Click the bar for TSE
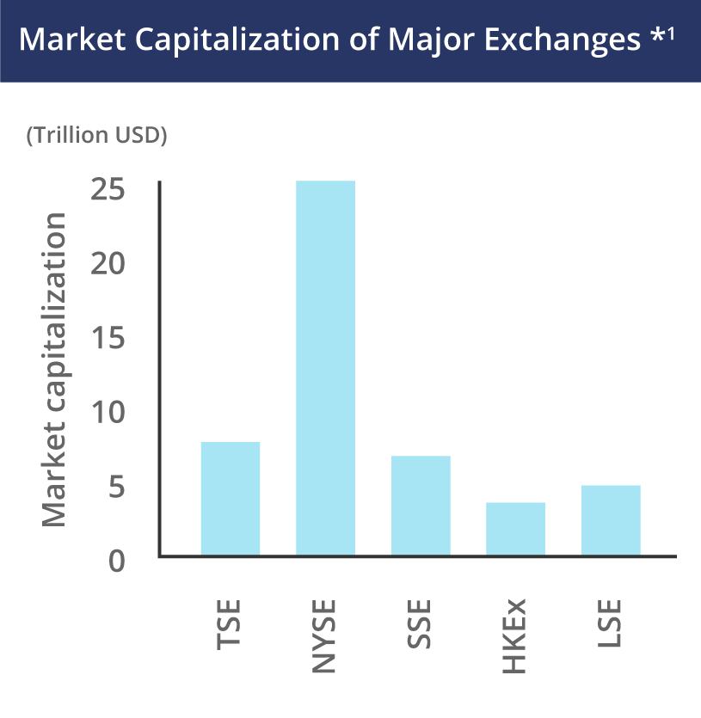coord(231,499)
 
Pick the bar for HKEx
coord(515,529)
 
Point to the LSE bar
coord(611,520)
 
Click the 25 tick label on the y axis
coord(108,188)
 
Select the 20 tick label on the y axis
coord(108,263)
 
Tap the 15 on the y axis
coord(108,338)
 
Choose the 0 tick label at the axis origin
coord(119,562)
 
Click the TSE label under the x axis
coord(230,627)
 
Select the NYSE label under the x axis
coord(325,637)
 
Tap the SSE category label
coord(421,627)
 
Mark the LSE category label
coord(610,627)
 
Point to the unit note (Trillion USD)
coord(96,135)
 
